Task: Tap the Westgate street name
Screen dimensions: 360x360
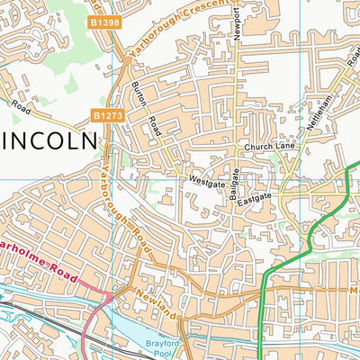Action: click(x=205, y=181)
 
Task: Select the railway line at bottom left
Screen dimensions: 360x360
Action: click(x=36, y=313)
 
